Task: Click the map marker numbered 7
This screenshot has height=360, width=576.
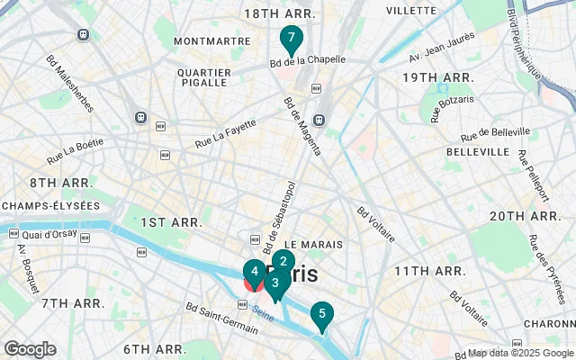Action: point(291,40)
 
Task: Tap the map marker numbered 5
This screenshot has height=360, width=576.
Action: point(321,315)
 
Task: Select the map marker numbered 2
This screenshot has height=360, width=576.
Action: point(283,262)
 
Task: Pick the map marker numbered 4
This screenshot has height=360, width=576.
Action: point(255,271)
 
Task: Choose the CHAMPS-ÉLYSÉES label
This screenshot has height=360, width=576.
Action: point(50,206)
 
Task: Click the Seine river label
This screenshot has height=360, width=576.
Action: point(263,314)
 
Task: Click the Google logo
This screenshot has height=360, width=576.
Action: point(30,349)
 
